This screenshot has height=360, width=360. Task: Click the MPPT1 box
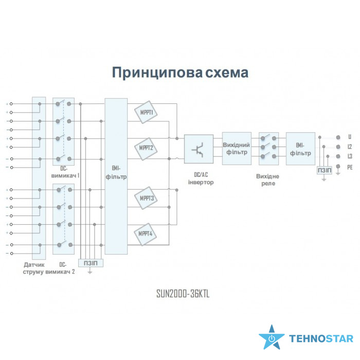[x=146, y=112]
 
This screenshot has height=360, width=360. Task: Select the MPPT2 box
[x=146, y=148]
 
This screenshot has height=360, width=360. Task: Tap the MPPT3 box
[x=146, y=198]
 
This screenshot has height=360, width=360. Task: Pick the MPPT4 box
[x=146, y=234]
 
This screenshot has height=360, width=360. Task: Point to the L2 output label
[x=350, y=147]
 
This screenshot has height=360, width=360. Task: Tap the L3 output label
[x=350, y=156]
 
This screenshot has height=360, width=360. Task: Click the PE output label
[x=350, y=167]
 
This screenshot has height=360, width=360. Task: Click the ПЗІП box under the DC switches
[x=91, y=263]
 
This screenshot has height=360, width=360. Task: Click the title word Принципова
[x=150, y=73]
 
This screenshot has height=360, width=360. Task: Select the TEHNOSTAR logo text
[x=321, y=339]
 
